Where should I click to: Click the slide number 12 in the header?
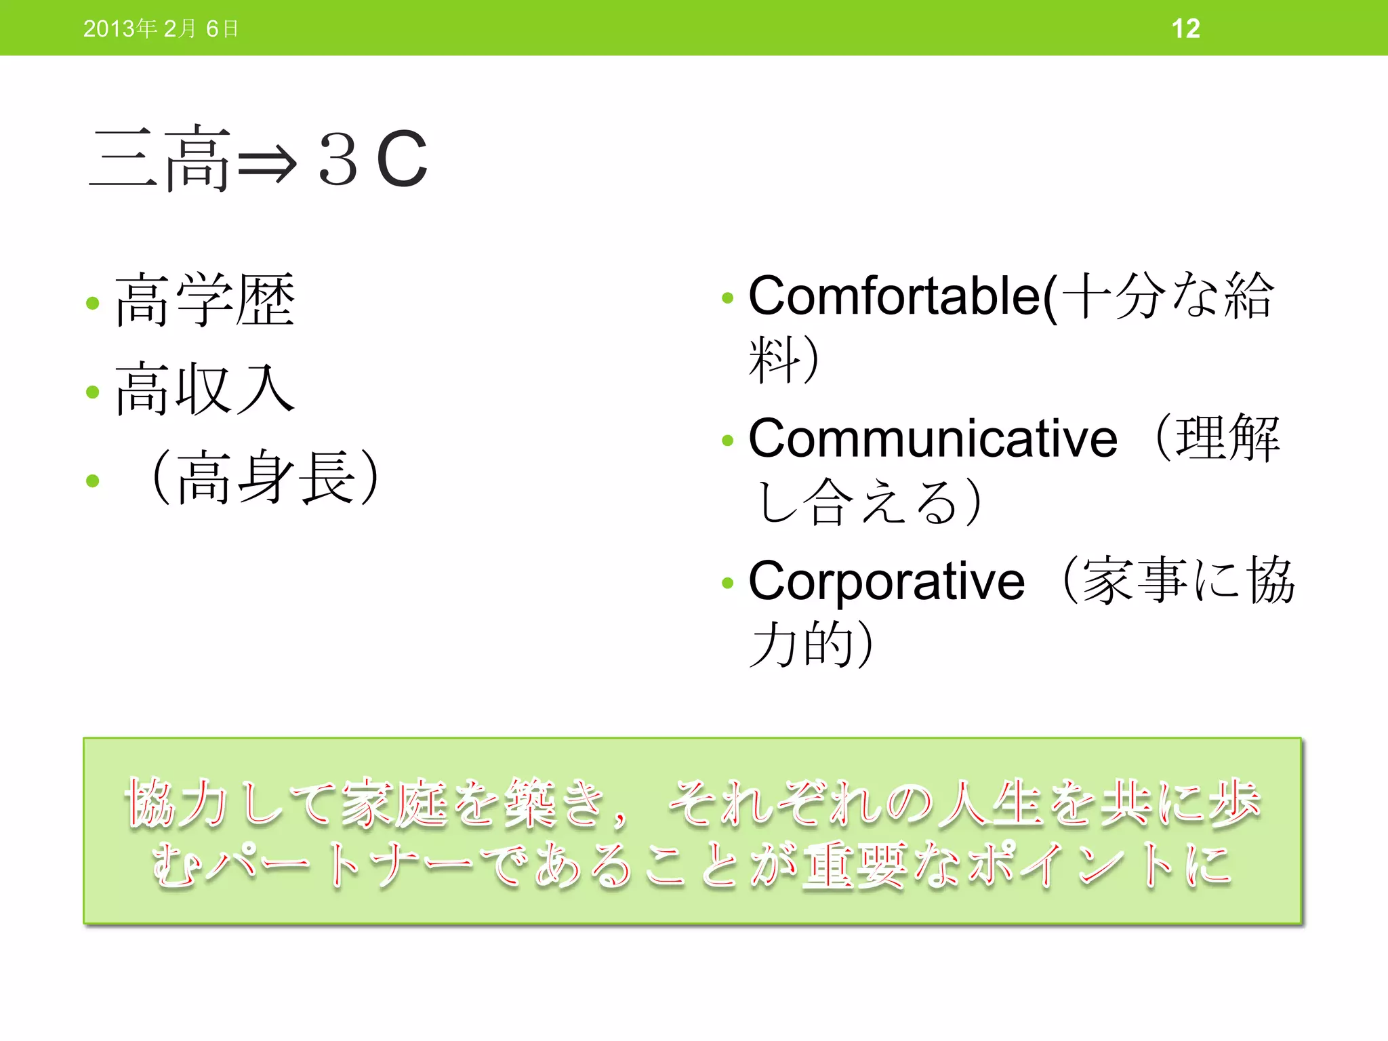[x=1185, y=28]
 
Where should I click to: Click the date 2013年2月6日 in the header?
[x=161, y=28]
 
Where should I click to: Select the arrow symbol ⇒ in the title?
[x=267, y=163]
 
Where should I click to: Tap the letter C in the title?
[x=402, y=160]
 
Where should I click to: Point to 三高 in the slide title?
[x=160, y=159]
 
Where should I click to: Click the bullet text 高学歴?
[x=205, y=300]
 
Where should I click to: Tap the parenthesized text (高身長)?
[x=266, y=478]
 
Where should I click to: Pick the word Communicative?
[x=933, y=438]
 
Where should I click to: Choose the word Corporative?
[x=886, y=581]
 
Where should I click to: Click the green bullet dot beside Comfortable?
[x=728, y=298]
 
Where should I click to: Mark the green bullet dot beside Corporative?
[x=728, y=583]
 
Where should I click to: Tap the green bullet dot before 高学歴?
[x=93, y=303]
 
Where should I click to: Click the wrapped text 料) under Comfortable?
[x=783, y=359]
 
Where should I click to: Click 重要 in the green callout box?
[x=854, y=865]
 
